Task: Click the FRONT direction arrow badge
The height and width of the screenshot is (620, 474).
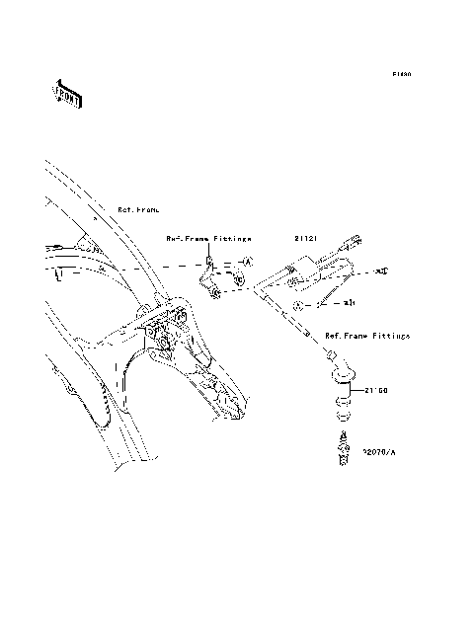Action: (x=67, y=94)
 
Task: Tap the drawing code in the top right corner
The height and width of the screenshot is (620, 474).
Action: (x=400, y=74)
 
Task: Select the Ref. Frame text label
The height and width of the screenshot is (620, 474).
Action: (x=137, y=210)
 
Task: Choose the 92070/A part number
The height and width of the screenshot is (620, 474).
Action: (x=378, y=452)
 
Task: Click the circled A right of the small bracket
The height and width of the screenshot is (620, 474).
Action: (x=248, y=260)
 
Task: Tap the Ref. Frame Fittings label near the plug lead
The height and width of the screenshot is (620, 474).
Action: (x=360, y=336)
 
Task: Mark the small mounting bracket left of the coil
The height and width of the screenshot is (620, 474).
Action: (x=212, y=281)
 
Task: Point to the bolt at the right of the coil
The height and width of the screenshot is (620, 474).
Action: (x=385, y=270)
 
